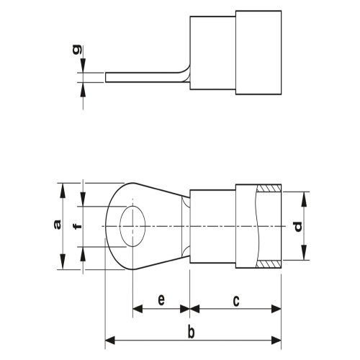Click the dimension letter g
[77, 50]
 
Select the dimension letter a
[57, 225]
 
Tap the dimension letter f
[78, 226]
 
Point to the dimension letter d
[298, 227]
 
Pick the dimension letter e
[161, 300]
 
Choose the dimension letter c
[236, 300]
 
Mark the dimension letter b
[191, 333]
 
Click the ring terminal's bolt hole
[132, 226]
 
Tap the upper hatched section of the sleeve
[269, 188]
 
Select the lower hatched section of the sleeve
[269, 264]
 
